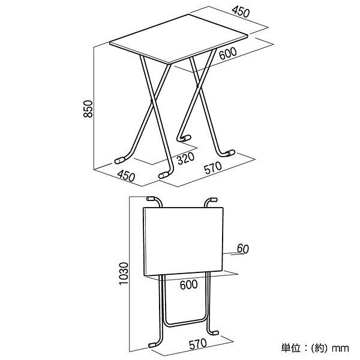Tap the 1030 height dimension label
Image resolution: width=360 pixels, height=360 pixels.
(124, 274)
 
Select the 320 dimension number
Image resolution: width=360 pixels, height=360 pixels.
(185, 159)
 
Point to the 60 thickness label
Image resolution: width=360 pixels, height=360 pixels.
(243, 248)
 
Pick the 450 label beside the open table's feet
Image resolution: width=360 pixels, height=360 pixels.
(125, 177)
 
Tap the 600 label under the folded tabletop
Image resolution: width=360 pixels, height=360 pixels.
(188, 286)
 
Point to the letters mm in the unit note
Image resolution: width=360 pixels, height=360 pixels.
(341, 346)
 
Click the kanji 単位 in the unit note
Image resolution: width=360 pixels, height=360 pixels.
(291, 346)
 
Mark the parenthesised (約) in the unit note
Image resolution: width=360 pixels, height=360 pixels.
(320, 346)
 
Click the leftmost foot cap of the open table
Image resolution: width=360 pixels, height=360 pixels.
(120, 161)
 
